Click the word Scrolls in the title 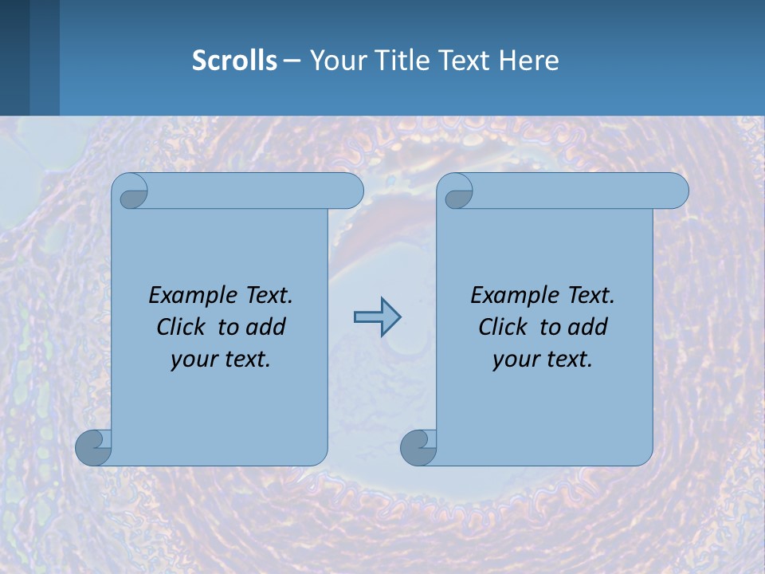234,61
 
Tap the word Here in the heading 528,61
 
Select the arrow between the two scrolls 377,317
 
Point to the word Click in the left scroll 185,327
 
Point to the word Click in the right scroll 507,327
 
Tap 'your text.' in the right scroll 543,360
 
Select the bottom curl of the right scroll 418,447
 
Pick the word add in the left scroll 267,327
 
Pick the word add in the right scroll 589,327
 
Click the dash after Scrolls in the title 292,61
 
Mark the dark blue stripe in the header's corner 14,57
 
